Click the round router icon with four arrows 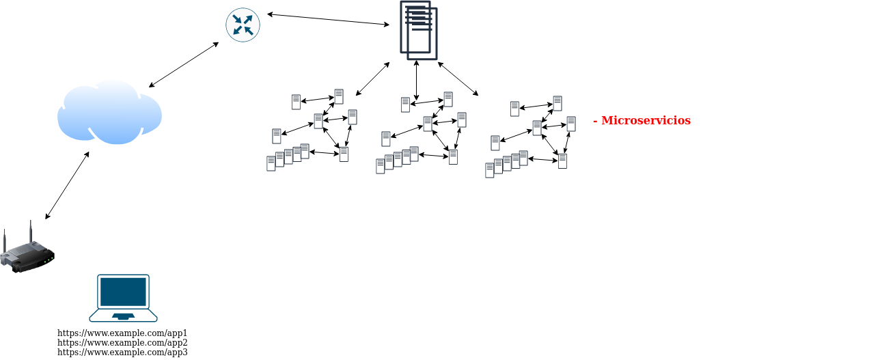tap(243, 25)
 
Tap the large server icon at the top tap(418, 31)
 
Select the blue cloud tap(109, 113)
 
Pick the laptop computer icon tap(123, 298)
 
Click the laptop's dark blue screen tap(123, 292)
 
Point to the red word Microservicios tap(646, 121)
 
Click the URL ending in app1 tap(122, 333)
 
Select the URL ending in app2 tap(122, 343)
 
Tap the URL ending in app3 tap(122, 352)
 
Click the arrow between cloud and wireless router tap(67, 186)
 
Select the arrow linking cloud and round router tap(184, 65)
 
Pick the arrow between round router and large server tap(328, 19)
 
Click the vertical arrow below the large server tap(416, 81)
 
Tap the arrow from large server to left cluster tap(372, 79)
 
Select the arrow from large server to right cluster tap(458, 79)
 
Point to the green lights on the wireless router tap(49, 259)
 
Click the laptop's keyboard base tap(123, 316)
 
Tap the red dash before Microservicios tap(596, 121)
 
